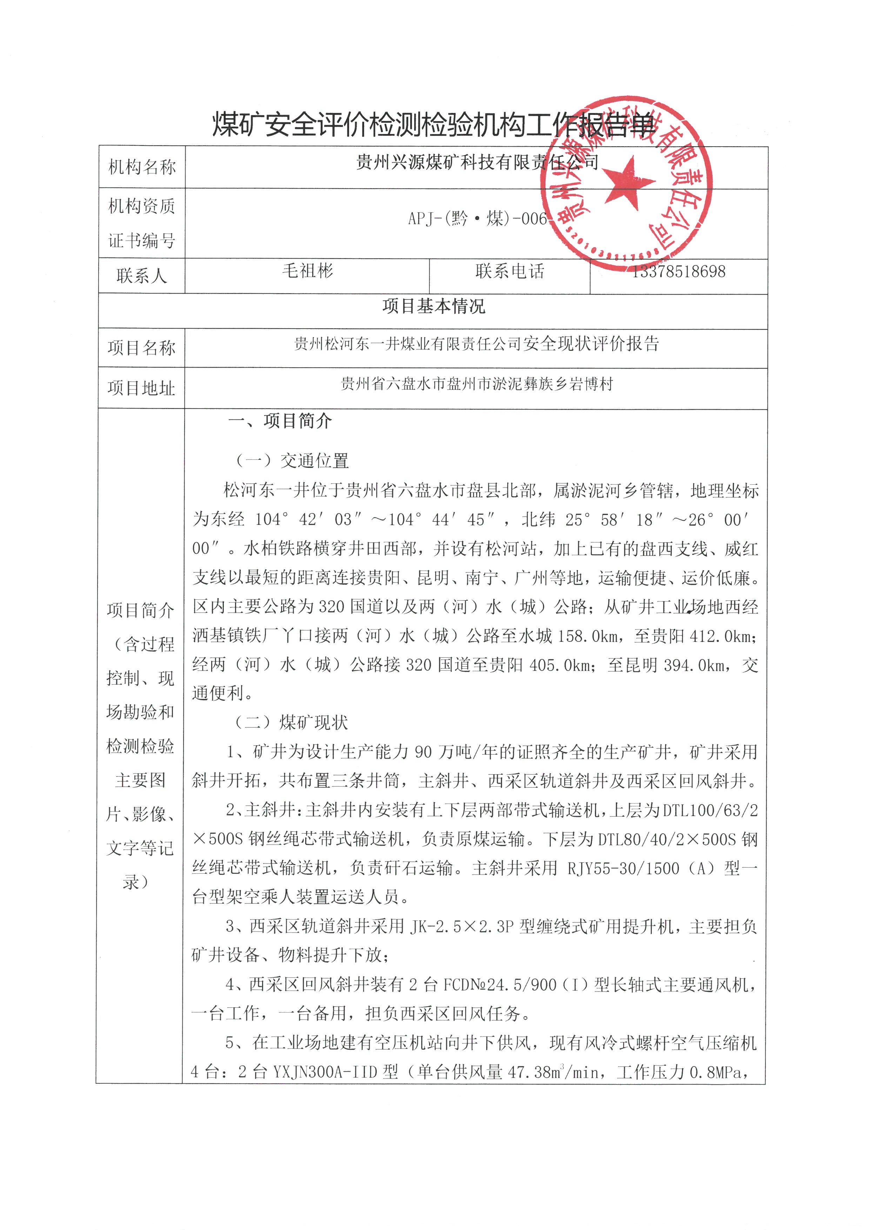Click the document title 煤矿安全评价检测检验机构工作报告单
click(x=434, y=124)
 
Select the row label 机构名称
click(x=142, y=167)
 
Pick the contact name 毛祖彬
click(x=308, y=270)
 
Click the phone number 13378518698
click(x=679, y=271)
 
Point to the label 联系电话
click(x=509, y=271)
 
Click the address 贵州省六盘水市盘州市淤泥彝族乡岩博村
click(x=476, y=384)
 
